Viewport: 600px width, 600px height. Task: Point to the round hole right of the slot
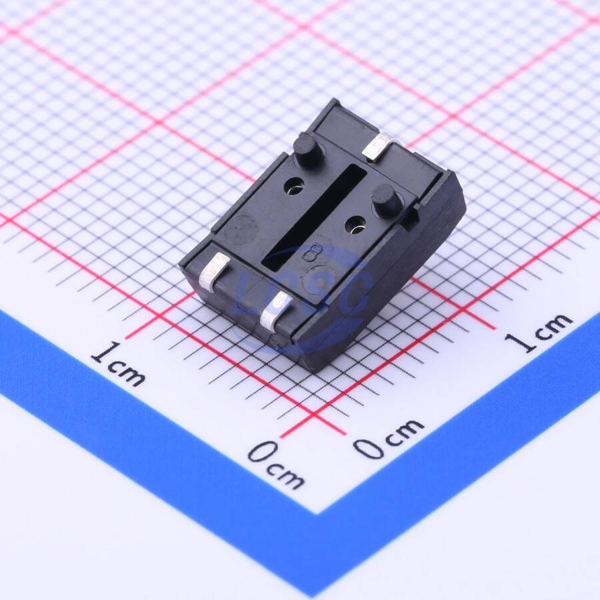pyautogui.click(x=355, y=225)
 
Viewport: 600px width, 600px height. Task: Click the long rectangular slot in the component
pyautogui.click(x=314, y=215)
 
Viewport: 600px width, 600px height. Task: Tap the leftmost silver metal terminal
pyautogui.click(x=215, y=271)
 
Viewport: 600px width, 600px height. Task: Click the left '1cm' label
pyautogui.click(x=117, y=363)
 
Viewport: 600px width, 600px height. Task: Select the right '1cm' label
pyautogui.click(x=539, y=332)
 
